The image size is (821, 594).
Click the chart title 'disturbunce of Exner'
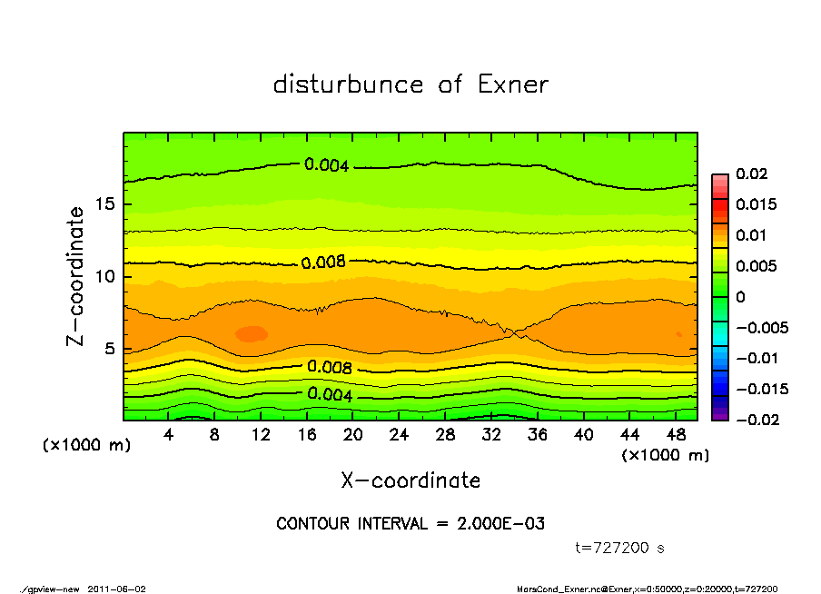click(410, 85)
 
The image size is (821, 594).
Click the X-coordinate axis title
click(410, 480)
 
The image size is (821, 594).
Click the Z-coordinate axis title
click(77, 275)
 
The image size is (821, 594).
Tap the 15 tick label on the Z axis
click(105, 204)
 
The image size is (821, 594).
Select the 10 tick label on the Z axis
click(105, 276)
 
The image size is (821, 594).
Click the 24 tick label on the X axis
click(399, 435)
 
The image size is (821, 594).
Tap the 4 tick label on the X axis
click(169, 435)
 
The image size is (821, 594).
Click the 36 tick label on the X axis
click(537, 435)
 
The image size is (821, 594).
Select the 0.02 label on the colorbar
click(753, 173)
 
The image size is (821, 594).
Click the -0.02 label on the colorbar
click(757, 420)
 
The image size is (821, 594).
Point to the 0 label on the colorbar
click(741, 297)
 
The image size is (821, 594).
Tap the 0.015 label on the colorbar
click(757, 204)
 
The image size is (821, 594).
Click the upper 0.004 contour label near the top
click(326, 164)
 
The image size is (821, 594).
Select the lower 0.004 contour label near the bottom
click(329, 394)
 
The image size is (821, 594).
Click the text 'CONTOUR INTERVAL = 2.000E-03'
click(410, 524)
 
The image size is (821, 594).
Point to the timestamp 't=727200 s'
click(620, 548)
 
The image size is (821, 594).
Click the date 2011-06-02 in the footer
click(116, 589)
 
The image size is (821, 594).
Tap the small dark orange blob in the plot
click(251, 333)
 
